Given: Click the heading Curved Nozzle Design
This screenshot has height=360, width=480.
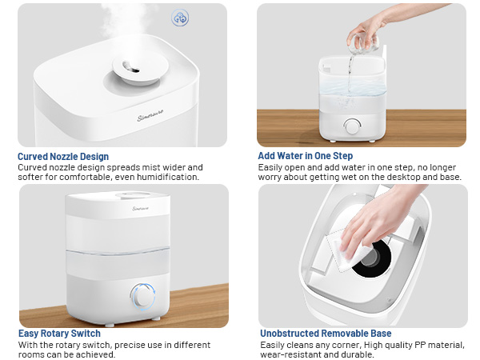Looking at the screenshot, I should point(62,157).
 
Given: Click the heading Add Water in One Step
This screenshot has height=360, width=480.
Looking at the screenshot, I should point(305,156).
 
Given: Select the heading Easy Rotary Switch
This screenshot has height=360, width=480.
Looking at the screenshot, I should point(59,334).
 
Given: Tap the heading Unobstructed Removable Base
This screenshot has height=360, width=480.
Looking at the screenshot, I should point(326,334).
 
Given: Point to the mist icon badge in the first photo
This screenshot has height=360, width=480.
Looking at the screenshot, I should point(181,17).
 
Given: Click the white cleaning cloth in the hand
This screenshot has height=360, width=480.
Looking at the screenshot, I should point(342,250).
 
